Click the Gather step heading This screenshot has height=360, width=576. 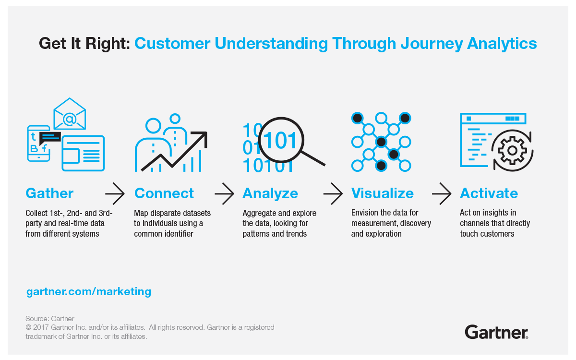(x=49, y=193)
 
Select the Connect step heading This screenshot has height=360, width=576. (x=164, y=193)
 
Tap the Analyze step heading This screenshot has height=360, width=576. (x=270, y=193)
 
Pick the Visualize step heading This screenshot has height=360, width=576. (x=382, y=193)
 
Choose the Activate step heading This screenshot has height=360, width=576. (x=489, y=193)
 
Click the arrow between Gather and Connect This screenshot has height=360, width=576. (x=115, y=194)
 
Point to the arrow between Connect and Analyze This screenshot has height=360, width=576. (x=224, y=194)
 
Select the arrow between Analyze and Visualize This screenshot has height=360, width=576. (x=333, y=194)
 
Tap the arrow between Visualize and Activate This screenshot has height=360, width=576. (x=442, y=194)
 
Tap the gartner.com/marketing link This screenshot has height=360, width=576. (x=89, y=291)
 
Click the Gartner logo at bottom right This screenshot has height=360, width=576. (x=496, y=332)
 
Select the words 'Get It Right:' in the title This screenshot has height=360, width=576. (x=84, y=44)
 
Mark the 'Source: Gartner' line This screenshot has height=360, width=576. (x=50, y=319)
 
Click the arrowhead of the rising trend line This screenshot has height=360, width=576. (x=202, y=136)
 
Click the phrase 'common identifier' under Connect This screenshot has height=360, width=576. (x=163, y=234)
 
